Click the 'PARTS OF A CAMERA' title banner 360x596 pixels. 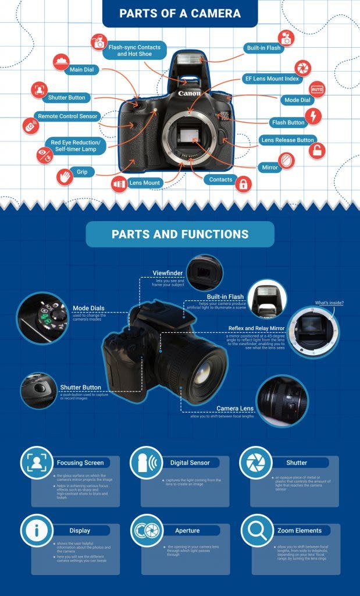(180, 13)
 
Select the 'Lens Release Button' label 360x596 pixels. (287, 140)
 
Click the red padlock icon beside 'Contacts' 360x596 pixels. (243, 185)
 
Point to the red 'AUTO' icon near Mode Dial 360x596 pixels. (317, 90)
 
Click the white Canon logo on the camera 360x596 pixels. (189, 93)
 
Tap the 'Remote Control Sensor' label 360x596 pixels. (68, 116)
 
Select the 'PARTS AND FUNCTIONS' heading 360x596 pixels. (180, 235)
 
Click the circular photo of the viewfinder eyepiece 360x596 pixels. (205, 272)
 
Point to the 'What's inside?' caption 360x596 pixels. (329, 303)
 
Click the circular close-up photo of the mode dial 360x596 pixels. (42, 317)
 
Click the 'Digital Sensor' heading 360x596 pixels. (190, 463)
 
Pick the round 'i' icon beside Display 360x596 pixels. (37, 530)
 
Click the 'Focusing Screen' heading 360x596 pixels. (80, 463)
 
